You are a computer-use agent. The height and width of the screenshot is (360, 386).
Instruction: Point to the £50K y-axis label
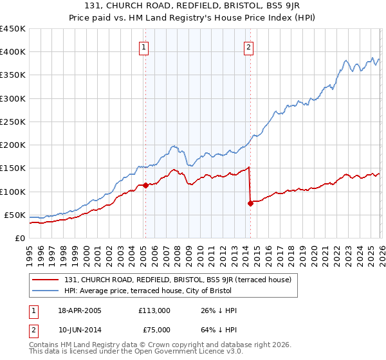tap(15, 215)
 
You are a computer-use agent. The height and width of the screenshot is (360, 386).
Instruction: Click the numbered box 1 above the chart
tap(143, 47)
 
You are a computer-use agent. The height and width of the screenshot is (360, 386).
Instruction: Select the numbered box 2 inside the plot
tap(248, 47)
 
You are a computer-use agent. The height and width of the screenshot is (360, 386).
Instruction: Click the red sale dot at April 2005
tap(145, 185)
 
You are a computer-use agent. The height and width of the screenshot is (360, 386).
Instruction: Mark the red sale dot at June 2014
tap(250, 203)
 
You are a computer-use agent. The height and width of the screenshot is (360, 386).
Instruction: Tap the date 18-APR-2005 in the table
tap(79, 310)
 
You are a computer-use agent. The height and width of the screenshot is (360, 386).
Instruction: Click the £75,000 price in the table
tap(154, 329)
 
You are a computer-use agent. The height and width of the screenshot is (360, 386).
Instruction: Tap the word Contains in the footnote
tap(44, 345)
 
